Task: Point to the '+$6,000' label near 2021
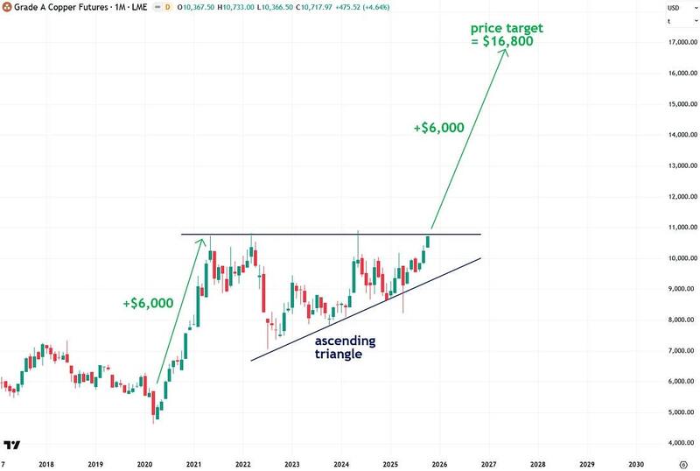(148, 303)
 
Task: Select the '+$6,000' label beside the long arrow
(438, 128)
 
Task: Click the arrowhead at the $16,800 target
(506, 50)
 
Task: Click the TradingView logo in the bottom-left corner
(12, 445)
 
